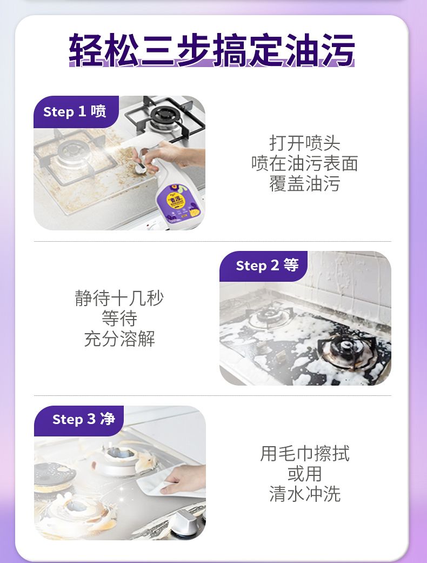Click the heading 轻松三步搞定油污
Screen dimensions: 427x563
click(212, 50)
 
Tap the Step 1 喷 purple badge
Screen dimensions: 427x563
click(76, 111)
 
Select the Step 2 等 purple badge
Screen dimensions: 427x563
click(263, 266)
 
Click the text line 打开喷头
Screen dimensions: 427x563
click(305, 143)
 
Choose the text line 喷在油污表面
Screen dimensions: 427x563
click(305, 163)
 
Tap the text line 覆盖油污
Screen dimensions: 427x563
click(305, 183)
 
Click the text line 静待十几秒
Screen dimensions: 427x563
click(119, 299)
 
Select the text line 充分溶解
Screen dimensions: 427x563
click(119, 339)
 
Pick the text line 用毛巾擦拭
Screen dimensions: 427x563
click(305, 454)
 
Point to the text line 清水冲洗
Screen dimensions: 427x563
click(305, 494)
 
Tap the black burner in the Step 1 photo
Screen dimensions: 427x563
click(165, 115)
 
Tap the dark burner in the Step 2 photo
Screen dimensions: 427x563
click(346, 348)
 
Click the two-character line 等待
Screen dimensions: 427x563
click(119, 319)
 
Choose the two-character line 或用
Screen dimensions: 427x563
click(305, 474)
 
